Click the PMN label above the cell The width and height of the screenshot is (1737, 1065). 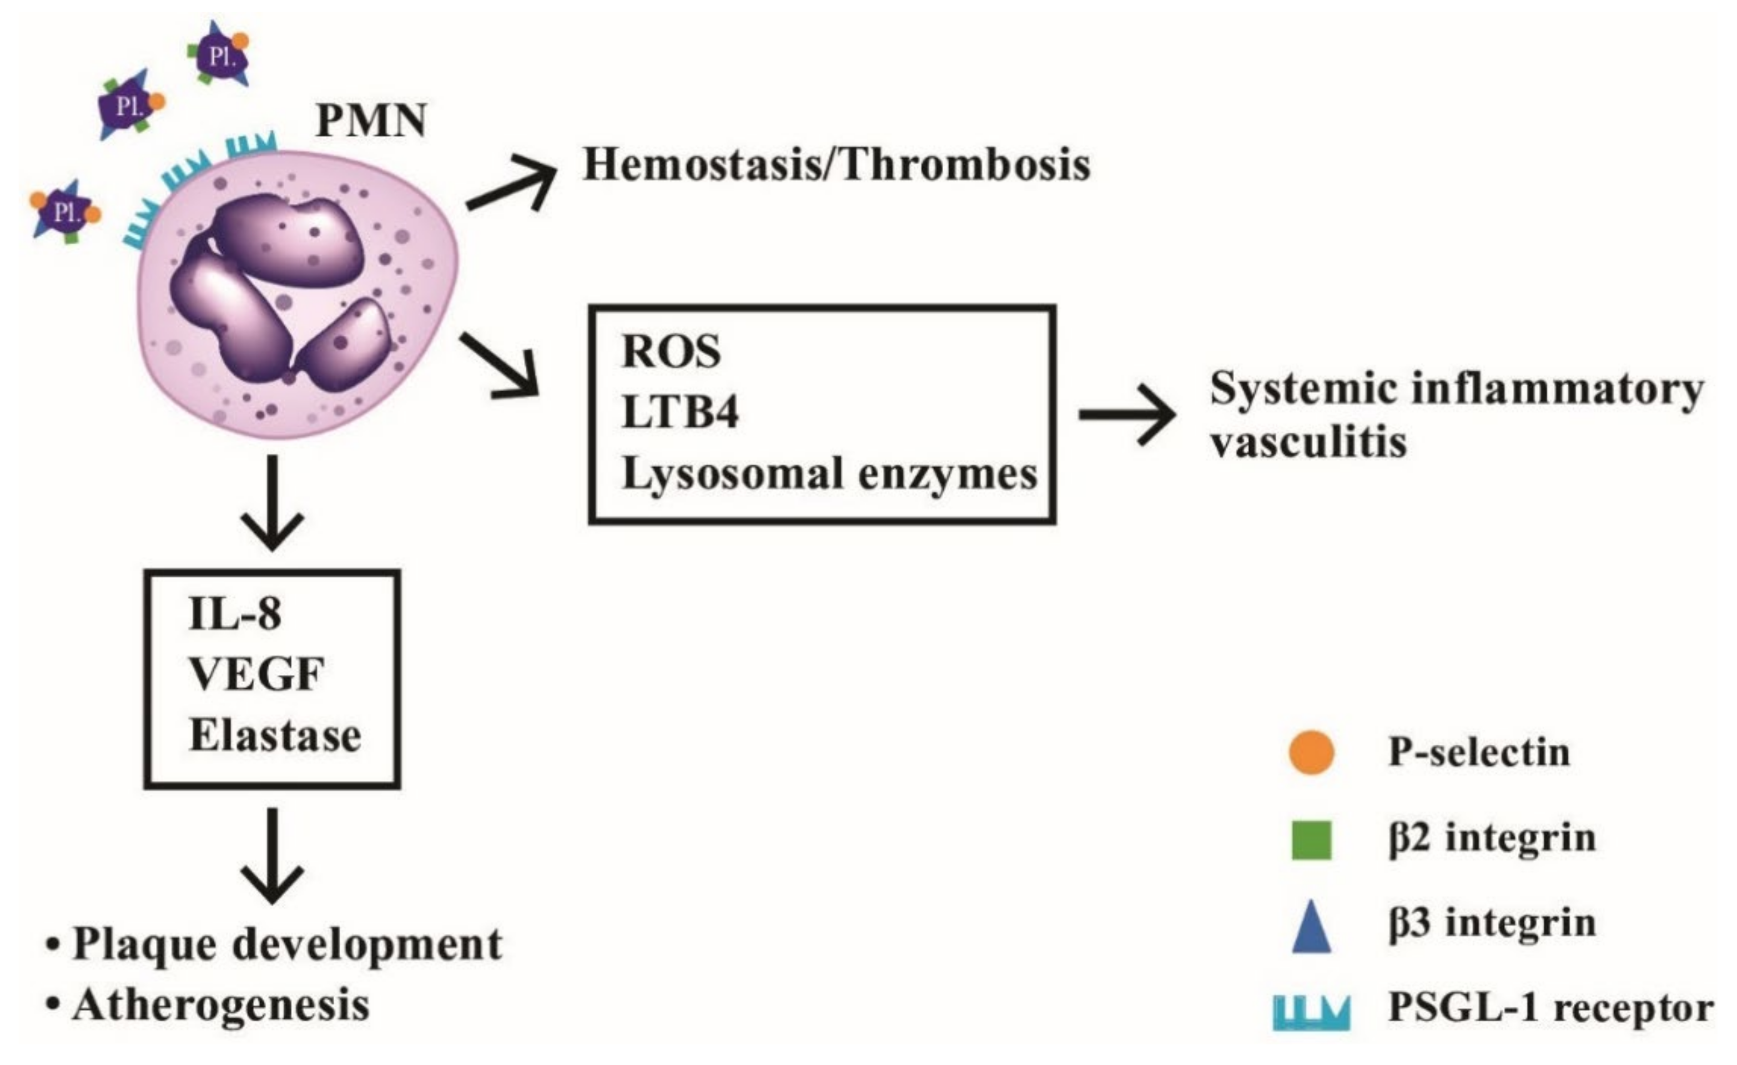pyautogui.click(x=371, y=121)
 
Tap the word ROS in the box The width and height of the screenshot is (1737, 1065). pyautogui.click(x=671, y=352)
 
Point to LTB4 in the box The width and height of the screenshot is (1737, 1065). pyautogui.click(x=680, y=413)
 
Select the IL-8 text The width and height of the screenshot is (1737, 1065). pyautogui.click(x=235, y=614)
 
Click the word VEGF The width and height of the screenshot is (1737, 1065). pyautogui.click(x=256, y=674)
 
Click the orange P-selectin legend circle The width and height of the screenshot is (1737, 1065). pyautogui.click(x=1311, y=752)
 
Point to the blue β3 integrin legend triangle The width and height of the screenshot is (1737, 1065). pyautogui.click(x=1311, y=929)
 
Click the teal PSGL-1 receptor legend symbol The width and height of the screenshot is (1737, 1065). pyautogui.click(x=1311, y=1013)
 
